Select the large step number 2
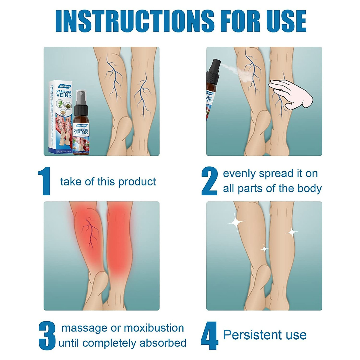coord(209,181)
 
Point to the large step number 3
coord(47,335)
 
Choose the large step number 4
coord(209,335)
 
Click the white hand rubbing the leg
coord(290,93)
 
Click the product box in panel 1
coord(61,117)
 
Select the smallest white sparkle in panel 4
coord(264,249)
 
